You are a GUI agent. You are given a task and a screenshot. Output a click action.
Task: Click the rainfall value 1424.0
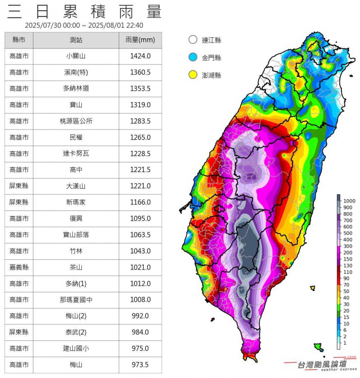coord(140,56)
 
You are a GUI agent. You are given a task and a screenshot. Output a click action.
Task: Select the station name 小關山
coord(76,56)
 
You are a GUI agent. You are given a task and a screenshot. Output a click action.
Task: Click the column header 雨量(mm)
coord(140,40)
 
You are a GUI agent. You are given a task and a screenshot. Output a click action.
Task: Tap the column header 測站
coord(76,40)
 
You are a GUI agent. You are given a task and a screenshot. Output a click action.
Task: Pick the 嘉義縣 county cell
coord(19,267)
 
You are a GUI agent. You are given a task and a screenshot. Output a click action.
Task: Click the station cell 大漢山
coord(76,186)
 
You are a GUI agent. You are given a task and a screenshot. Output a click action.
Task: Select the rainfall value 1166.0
coord(140,202)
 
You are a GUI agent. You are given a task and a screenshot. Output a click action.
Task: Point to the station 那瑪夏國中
coord(76,300)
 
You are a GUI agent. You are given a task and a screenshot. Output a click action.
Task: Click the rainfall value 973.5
coord(140,365)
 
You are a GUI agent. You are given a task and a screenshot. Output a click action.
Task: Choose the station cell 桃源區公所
coord(76,121)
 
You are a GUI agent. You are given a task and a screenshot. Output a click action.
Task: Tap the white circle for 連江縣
coord(192,40)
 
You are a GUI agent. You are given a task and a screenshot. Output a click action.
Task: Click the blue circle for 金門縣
coord(192,57)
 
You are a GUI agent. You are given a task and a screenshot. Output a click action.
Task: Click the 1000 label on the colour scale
coord(348,201)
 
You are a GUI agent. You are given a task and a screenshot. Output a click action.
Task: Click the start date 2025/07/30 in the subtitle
coord(46,25)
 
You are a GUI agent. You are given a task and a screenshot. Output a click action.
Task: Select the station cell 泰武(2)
coord(76,332)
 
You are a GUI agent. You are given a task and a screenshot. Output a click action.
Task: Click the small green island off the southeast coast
coord(318,346)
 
